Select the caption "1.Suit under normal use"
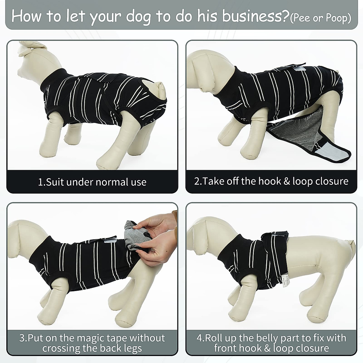point(92,182)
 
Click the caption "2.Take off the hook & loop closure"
point(271,181)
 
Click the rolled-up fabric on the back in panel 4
point(269,239)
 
